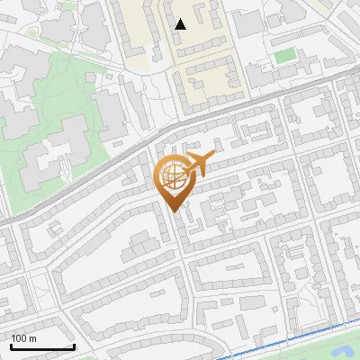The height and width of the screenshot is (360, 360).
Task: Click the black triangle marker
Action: tap(181, 23)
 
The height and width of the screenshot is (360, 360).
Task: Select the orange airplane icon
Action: tap(198, 165)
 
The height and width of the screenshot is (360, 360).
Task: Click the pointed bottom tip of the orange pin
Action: tap(174, 211)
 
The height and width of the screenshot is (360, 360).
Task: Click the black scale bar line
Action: tap(41, 346)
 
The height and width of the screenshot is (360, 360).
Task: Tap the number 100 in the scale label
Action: tap(18, 338)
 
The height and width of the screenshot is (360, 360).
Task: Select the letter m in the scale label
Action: tap(32, 338)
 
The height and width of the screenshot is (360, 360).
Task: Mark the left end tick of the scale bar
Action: tap(10, 345)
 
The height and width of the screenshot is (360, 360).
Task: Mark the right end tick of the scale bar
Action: tap(74, 345)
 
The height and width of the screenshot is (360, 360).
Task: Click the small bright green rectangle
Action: tap(284, 56)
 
